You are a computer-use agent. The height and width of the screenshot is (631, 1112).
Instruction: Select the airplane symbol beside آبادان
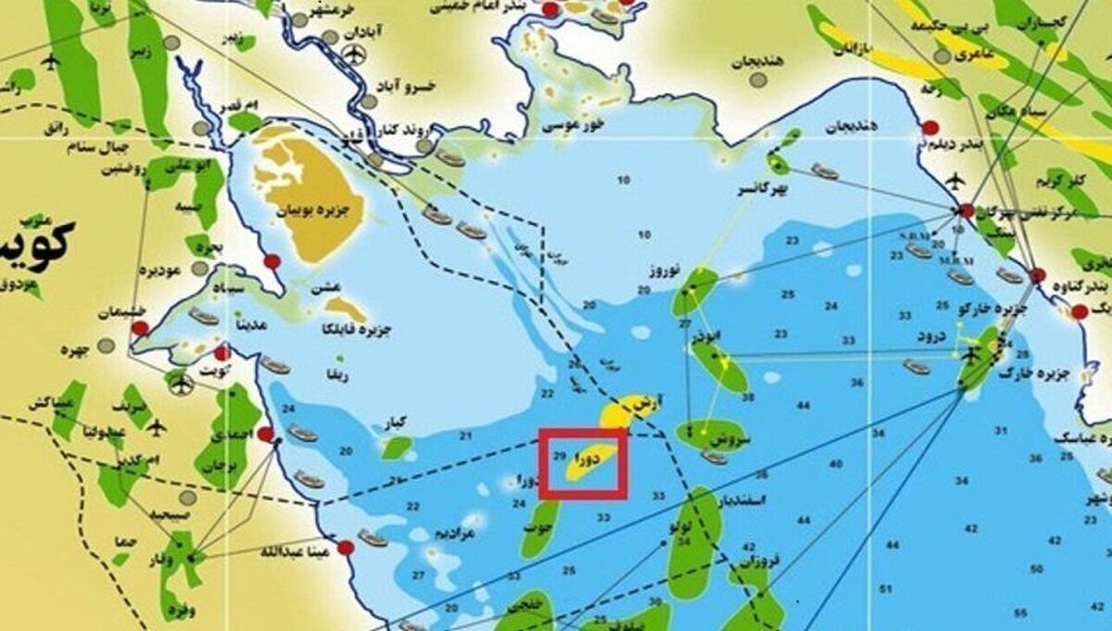pyautogui.click(x=352, y=54)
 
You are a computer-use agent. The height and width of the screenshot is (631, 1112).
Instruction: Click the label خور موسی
pyautogui.click(x=575, y=122)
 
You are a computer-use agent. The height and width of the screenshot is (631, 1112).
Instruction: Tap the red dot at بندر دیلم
pyautogui.click(x=926, y=129)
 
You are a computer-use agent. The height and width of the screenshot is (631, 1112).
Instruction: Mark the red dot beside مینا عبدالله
pyautogui.click(x=345, y=548)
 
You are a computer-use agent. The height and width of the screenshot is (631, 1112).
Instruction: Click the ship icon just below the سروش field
pyautogui.click(x=714, y=456)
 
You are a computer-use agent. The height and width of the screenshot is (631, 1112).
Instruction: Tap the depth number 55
pyautogui.click(x=1020, y=612)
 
